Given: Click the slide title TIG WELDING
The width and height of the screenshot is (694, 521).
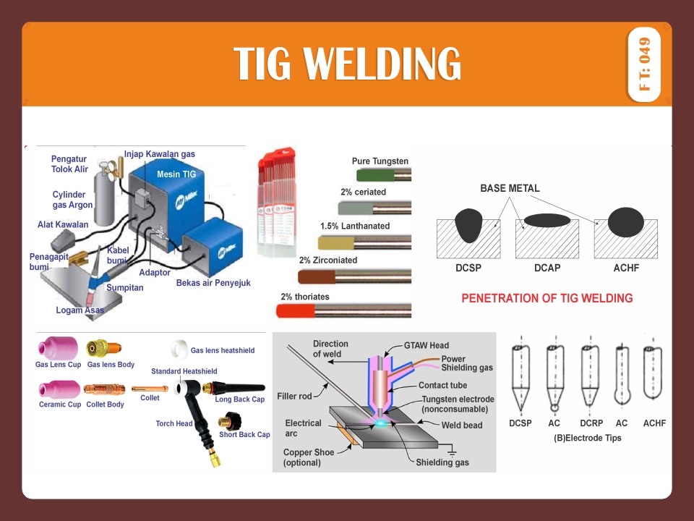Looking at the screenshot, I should click(x=348, y=64).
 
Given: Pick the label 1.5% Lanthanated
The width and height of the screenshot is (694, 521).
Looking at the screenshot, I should click(x=355, y=226).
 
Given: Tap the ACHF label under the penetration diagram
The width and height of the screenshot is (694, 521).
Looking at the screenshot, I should click(x=625, y=268).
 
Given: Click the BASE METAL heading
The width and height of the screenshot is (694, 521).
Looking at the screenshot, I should click(x=510, y=188).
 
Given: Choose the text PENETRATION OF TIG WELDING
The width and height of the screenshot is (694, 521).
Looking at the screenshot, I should click(x=547, y=298).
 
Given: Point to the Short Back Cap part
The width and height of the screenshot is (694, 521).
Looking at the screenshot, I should click(x=231, y=420).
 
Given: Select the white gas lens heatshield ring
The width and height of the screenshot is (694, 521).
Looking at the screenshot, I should click(x=176, y=350).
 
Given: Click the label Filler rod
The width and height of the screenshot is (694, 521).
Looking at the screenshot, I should click(x=294, y=396).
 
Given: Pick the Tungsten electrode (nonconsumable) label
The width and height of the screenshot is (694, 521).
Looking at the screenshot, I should click(x=458, y=404).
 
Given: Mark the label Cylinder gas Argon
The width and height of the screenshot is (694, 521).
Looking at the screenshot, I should click(x=72, y=200).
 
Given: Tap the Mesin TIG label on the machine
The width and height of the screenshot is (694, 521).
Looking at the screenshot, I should click(x=176, y=174).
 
